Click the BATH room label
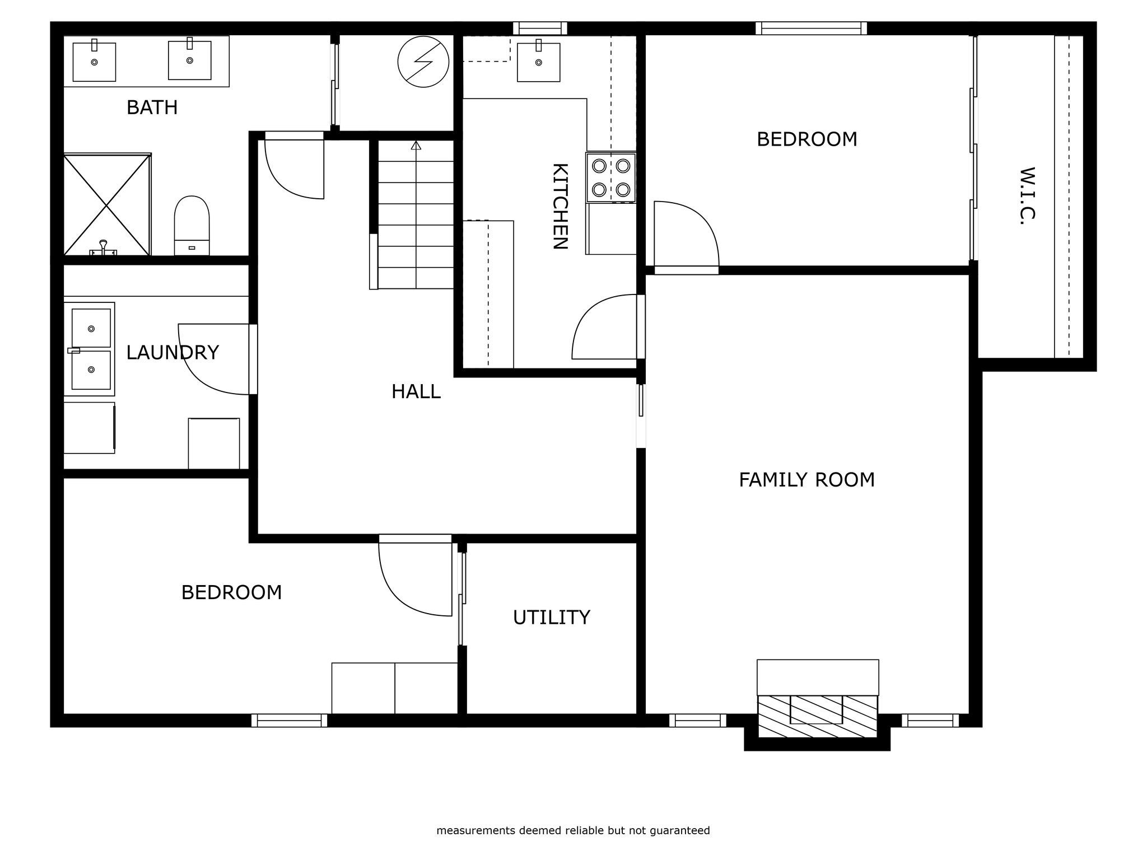pyautogui.click(x=152, y=107)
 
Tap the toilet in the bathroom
pyautogui.click(x=192, y=226)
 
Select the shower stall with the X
pyautogui.click(x=107, y=205)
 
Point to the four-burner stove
pyautogui.click(x=611, y=177)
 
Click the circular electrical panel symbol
pyautogui.click(x=423, y=62)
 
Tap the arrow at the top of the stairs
pyautogui.click(x=416, y=146)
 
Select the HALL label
pyautogui.click(x=416, y=391)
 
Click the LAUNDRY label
pyautogui.click(x=172, y=353)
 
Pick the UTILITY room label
pyautogui.click(x=552, y=617)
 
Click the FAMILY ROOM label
pyautogui.click(x=806, y=480)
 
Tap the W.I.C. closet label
pyautogui.click(x=1027, y=196)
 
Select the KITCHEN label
pyautogui.click(x=560, y=206)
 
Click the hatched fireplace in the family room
pyautogui.click(x=818, y=716)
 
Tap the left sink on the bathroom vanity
pyautogui.click(x=94, y=62)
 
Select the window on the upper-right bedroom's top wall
pyautogui.click(x=811, y=28)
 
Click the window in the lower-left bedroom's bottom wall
pyautogui.click(x=290, y=720)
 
